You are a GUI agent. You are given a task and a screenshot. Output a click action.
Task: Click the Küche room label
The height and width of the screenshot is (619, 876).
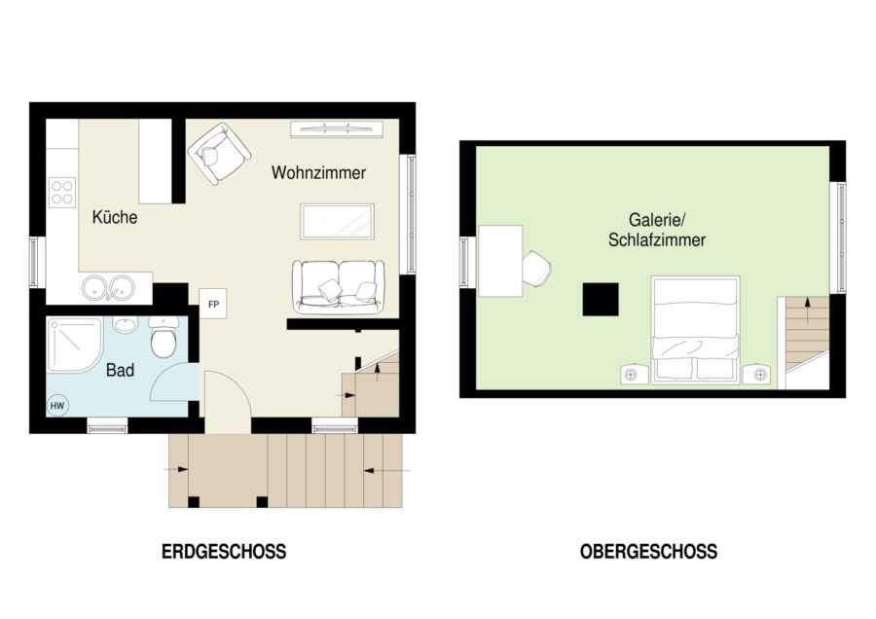click(x=115, y=217)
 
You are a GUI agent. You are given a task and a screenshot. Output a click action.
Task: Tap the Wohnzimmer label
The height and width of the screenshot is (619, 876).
click(x=318, y=172)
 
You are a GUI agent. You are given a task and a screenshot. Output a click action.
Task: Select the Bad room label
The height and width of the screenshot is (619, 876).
click(x=120, y=370)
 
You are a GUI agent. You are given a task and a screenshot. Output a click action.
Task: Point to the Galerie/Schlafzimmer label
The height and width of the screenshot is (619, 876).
click(x=657, y=230)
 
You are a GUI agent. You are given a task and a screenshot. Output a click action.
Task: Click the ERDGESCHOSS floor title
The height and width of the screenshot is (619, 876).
click(x=224, y=552)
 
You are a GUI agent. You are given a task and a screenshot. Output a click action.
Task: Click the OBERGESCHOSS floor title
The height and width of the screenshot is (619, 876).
click(x=648, y=552)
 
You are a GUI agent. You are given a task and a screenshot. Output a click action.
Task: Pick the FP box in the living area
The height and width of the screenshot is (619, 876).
click(x=213, y=304)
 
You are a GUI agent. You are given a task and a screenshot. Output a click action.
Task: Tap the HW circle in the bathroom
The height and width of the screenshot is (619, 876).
click(x=57, y=406)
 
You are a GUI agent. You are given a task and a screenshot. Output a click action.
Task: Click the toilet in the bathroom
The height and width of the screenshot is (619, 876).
click(x=164, y=337)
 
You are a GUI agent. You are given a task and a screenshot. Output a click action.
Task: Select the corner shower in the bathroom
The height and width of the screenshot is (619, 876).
click(x=74, y=345)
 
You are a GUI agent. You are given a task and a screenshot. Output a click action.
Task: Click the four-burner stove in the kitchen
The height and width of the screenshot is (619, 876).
click(x=62, y=192)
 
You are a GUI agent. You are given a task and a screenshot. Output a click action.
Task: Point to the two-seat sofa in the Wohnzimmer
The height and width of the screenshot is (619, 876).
click(x=339, y=286)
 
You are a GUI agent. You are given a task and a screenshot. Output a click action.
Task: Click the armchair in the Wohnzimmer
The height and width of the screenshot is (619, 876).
click(x=218, y=154)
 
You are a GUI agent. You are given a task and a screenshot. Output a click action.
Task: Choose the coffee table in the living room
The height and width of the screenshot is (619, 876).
click(x=337, y=222)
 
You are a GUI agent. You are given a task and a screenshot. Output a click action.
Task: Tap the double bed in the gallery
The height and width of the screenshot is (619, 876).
click(x=696, y=330)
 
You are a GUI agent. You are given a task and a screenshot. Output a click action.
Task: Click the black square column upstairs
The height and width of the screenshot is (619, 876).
click(x=601, y=300)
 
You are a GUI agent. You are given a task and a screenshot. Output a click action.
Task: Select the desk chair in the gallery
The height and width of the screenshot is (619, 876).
click(x=537, y=270)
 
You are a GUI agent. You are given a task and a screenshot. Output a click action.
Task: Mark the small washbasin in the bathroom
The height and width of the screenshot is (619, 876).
click(x=125, y=324)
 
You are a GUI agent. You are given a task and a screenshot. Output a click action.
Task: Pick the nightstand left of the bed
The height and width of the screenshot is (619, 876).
click(x=635, y=374)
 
